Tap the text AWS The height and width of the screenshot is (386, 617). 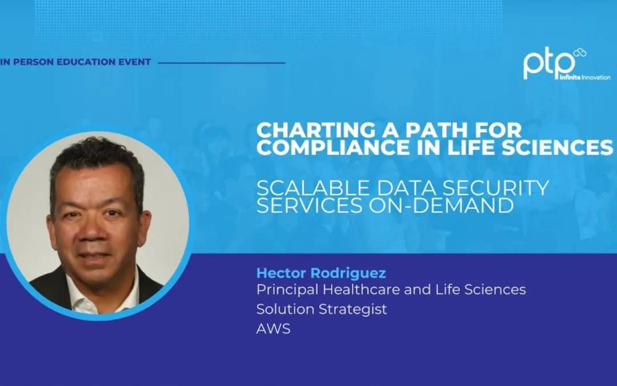pyautogui.click(x=273, y=329)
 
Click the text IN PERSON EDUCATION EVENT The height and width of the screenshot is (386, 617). pyautogui.click(x=76, y=62)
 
